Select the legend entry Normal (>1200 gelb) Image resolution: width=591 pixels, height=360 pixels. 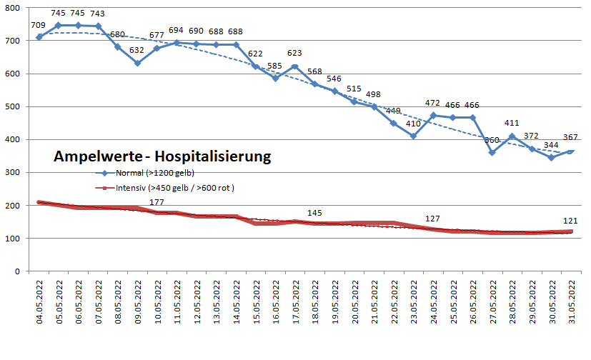[x=147, y=174]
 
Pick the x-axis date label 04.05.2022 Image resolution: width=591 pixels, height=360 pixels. [x=40, y=304]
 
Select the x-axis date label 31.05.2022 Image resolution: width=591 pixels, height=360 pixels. [x=570, y=304]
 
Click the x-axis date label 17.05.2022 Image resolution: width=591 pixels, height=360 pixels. [x=295, y=304]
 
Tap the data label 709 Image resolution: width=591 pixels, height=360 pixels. [x=39, y=26]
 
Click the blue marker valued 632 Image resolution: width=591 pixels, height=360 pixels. [x=138, y=63]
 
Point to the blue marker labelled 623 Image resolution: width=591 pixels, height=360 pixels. [x=295, y=66]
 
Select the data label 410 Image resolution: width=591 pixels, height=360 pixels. [x=413, y=123]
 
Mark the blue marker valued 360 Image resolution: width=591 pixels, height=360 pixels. [x=492, y=152]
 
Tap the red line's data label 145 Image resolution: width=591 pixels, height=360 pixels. [x=314, y=213]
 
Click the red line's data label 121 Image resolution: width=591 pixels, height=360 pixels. [x=570, y=220]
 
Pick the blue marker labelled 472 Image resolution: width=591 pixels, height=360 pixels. [x=433, y=116]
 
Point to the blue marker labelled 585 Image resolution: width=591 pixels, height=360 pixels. [x=275, y=79]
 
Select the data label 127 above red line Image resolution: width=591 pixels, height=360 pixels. [x=433, y=219]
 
